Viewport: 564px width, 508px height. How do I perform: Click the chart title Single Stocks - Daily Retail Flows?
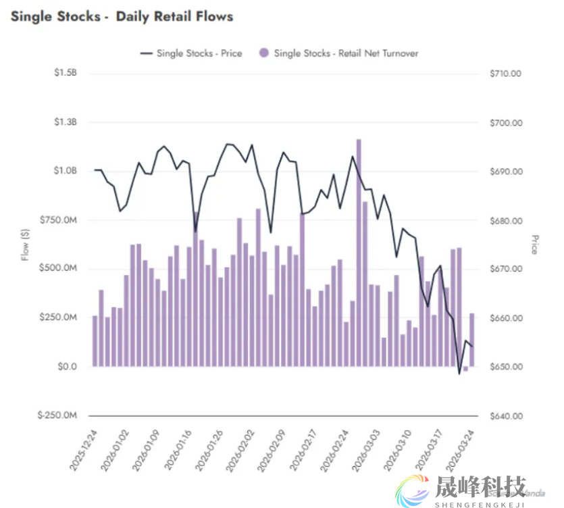(x=122, y=16)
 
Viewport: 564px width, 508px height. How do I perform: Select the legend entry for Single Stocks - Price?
(x=190, y=53)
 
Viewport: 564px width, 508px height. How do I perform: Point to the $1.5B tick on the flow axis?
(x=66, y=74)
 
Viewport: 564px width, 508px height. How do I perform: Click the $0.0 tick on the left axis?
(x=67, y=367)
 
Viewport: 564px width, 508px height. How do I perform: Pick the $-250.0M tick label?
(x=57, y=415)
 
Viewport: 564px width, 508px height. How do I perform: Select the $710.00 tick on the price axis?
(x=506, y=74)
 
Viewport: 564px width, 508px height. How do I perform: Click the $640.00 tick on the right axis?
(x=506, y=415)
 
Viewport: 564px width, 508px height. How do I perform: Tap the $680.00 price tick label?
(x=506, y=221)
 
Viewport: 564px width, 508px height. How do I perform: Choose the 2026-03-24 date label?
(x=461, y=448)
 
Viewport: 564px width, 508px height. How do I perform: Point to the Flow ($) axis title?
(x=26, y=243)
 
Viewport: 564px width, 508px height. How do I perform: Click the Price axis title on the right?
(x=534, y=245)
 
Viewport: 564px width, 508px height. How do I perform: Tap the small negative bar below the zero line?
(x=465, y=369)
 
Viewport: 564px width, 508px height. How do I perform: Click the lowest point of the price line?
(x=459, y=374)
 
